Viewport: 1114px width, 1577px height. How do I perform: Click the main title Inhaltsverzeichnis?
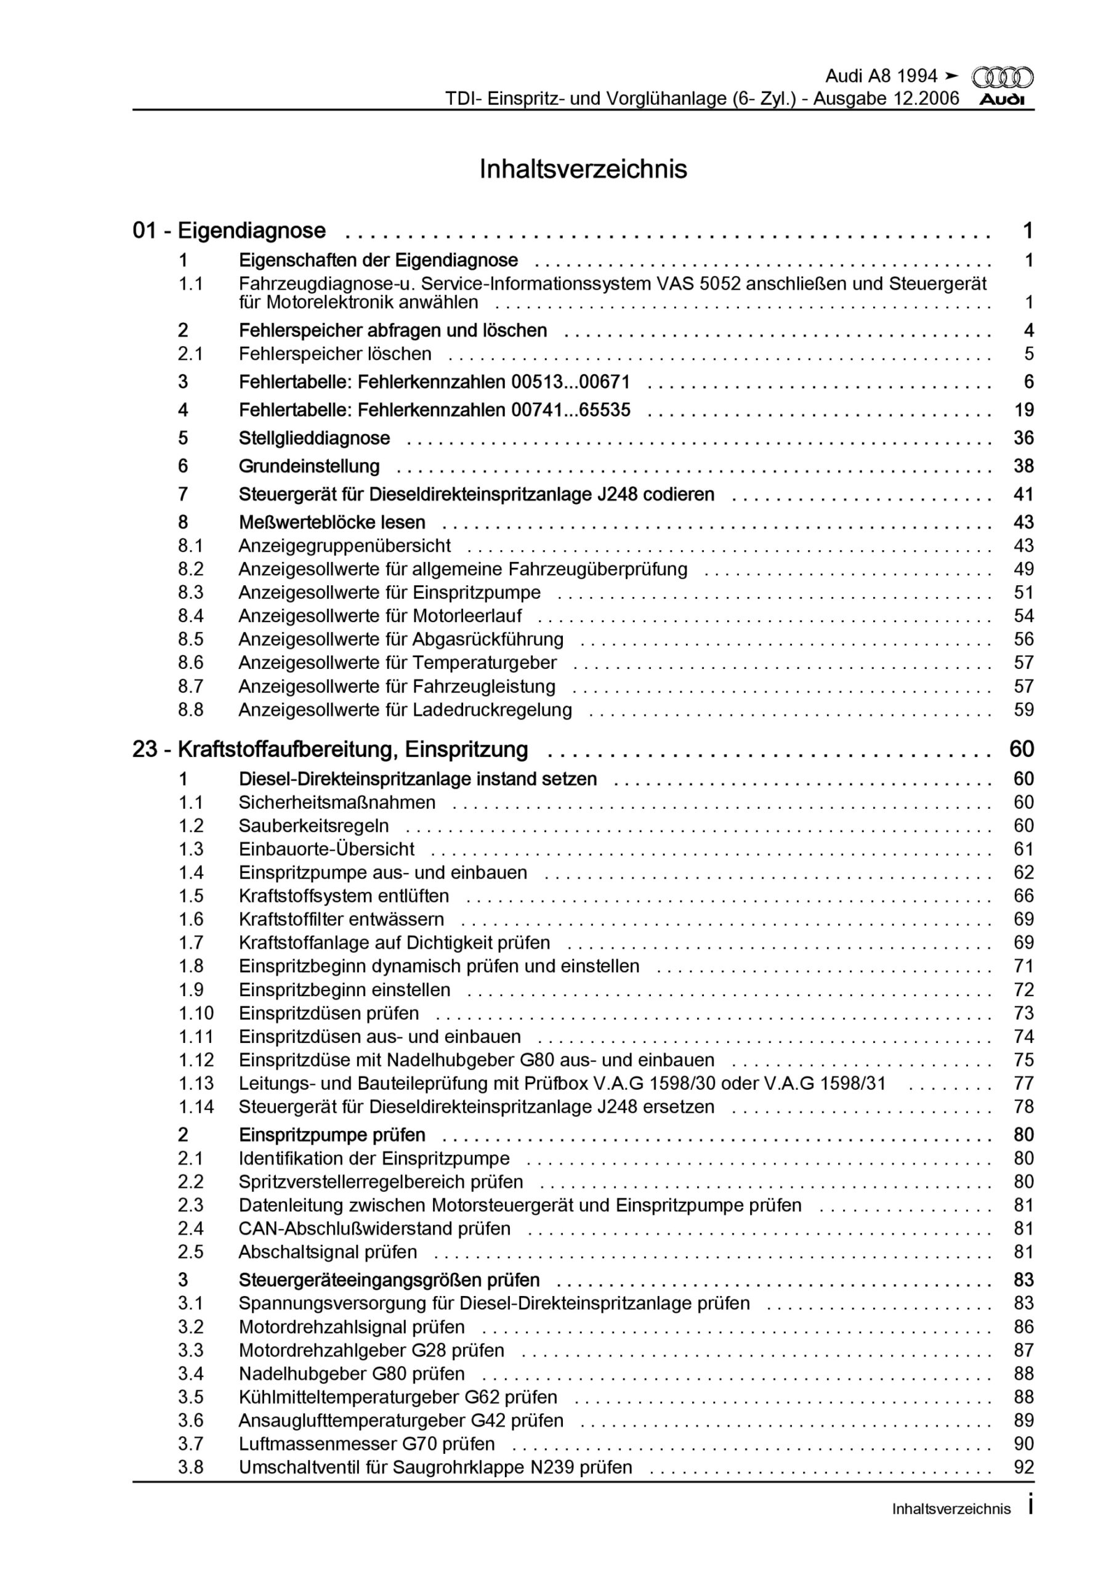[583, 169]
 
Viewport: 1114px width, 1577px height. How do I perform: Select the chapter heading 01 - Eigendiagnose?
[230, 231]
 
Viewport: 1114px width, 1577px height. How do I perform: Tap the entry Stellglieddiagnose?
[315, 438]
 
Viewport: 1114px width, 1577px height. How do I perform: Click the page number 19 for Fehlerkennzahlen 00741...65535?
[1023, 410]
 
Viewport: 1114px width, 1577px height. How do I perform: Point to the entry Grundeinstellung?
[309, 466]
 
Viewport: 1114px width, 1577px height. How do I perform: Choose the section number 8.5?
[191, 639]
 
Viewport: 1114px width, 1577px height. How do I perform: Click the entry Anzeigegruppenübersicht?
[345, 546]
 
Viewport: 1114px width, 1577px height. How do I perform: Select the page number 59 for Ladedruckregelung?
[1023, 710]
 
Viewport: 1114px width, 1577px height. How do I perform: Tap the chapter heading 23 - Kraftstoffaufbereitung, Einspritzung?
[330, 749]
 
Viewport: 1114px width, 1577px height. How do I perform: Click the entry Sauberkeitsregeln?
[314, 825]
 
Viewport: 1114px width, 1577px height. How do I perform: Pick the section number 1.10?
[196, 1013]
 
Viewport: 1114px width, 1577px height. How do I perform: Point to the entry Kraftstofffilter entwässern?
[341, 919]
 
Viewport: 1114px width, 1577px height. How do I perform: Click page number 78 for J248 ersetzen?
[1023, 1106]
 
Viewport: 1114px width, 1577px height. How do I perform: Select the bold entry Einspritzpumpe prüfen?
[333, 1135]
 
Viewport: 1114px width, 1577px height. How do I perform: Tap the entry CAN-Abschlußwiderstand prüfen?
[375, 1228]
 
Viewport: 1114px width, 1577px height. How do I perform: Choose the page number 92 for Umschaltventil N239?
[1023, 1467]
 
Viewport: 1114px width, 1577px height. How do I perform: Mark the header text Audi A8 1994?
[881, 76]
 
